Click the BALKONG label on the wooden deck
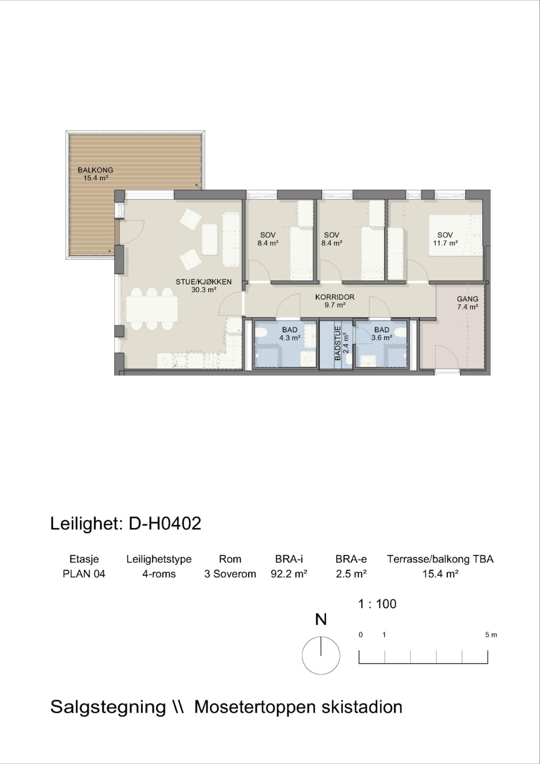[x=95, y=170]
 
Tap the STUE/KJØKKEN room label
[x=204, y=282]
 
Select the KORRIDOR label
[x=335, y=297]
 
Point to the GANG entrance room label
[x=467, y=299]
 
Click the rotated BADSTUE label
[x=338, y=343]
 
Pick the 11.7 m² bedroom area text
[x=445, y=243]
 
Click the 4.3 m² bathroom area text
[x=290, y=338]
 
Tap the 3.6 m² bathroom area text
[x=382, y=338]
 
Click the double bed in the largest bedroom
[x=455, y=236]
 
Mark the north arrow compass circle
[x=321, y=655]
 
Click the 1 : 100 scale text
[x=377, y=604]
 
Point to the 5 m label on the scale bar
[x=491, y=635]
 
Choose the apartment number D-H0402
[x=165, y=524]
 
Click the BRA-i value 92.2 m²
[x=289, y=574]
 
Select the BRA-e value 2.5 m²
[x=351, y=574]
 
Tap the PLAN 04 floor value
[x=84, y=574]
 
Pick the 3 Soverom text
[x=230, y=574]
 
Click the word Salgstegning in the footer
[x=108, y=707]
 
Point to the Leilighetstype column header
[x=159, y=560]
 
